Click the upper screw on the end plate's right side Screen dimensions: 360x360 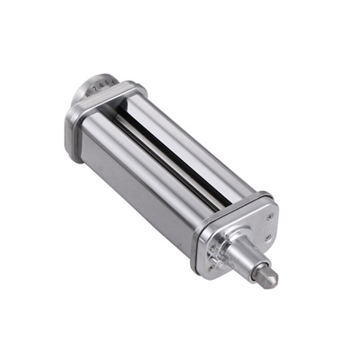[270, 217]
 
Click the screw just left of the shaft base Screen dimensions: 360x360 [212, 247]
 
